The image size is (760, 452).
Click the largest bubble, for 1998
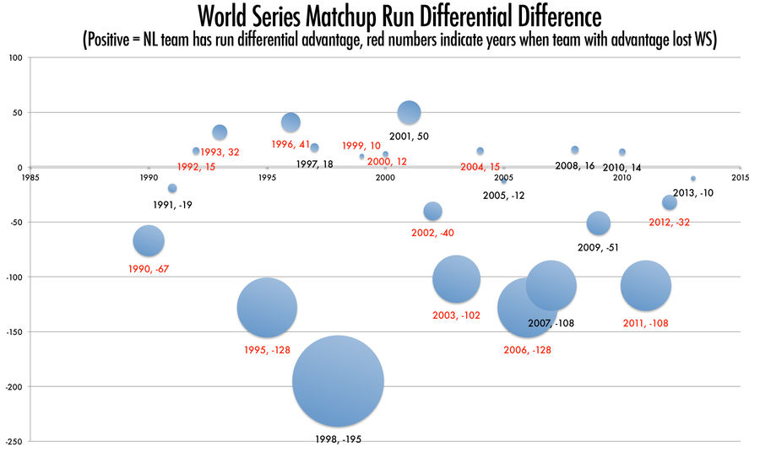coord(338,381)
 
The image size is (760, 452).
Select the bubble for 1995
coord(267,308)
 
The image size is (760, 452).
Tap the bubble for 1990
coord(148,241)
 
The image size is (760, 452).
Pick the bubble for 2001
coord(409,112)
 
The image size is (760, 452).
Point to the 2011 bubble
coord(646,286)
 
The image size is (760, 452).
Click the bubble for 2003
coord(456,279)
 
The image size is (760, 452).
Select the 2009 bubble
coord(598,223)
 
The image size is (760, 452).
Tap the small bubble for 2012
coord(670,202)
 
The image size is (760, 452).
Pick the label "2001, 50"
coord(410,136)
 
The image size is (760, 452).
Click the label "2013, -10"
coord(693,192)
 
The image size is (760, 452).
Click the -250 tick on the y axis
coord(14,441)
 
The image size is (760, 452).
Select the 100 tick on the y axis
coord(16,58)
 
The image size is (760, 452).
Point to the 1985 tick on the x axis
coord(30,178)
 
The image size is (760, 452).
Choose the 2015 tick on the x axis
coord(741,178)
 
